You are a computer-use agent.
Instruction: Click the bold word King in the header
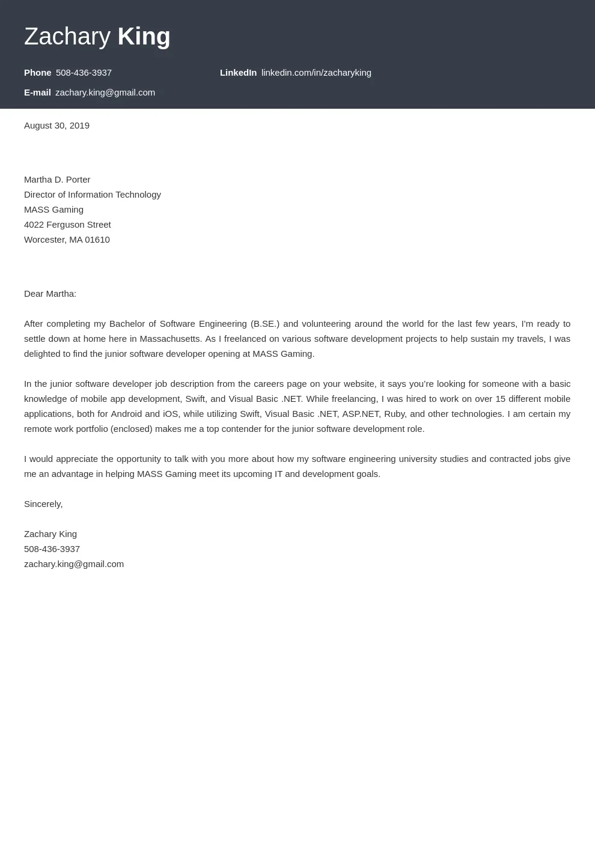pyautogui.click(x=144, y=37)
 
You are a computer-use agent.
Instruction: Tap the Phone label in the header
pyautogui.click(x=37, y=73)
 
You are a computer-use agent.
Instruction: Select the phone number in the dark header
pyautogui.click(x=84, y=73)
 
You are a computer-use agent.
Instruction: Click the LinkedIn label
pyautogui.click(x=238, y=73)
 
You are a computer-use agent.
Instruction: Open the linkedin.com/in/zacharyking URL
pyautogui.click(x=316, y=73)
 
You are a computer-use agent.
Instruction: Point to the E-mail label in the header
pyautogui.click(x=37, y=93)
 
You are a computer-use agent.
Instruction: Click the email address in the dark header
pyautogui.click(x=105, y=93)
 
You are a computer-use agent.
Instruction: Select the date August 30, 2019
pyautogui.click(x=56, y=126)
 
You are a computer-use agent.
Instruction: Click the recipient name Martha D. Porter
pyautogui.click(x=57, y=180)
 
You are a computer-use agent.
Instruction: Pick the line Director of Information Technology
pyautogui.click(x=93, y=195)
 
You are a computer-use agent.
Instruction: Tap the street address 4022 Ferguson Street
pyautogui.click(x=67, y=225)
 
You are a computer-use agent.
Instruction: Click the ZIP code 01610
pyautogui.click(x=97, y=240)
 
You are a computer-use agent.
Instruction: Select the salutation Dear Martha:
pyautogui.click(x=50, y=294)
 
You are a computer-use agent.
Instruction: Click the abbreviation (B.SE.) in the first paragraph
pyautogui.click(x=265, y=324)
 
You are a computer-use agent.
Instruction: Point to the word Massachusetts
pyautogui.click(x=170, y=339)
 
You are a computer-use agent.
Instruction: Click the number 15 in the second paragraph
pyautogui.click(x=500, y=399)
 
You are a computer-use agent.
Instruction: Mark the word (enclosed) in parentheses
pyautogui.click(x=132, y=429)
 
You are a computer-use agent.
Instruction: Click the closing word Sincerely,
pyautogui.click(x=43, y=504)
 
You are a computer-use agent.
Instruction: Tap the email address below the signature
pyautogui.click(x=74, y=564)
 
